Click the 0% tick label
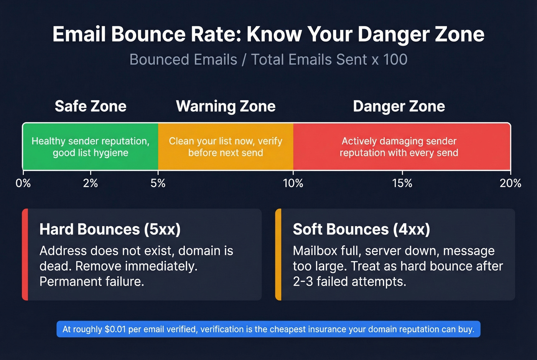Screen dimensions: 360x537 point(23,183)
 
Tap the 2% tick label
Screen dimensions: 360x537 point(91,183)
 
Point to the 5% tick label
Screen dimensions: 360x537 point(158,183)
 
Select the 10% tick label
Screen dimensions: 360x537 point(293,183)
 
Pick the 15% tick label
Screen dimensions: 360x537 point(402,183)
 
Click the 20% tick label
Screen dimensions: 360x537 point(510,183)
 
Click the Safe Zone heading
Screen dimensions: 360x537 point(91,106)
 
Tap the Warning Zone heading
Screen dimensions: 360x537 point(226,106)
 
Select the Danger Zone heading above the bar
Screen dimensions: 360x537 point(399,106)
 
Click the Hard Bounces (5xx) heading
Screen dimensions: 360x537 point(110,229)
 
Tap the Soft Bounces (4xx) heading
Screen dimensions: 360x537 point(361,229)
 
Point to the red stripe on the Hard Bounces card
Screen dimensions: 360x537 point(25,255)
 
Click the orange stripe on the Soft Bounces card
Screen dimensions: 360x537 point(278,255)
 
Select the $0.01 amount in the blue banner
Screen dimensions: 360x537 point(115,329)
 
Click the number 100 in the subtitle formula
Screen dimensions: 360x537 point(395,60)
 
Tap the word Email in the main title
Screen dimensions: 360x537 point(79,35)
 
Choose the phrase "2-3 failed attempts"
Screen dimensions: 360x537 point(349,282)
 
